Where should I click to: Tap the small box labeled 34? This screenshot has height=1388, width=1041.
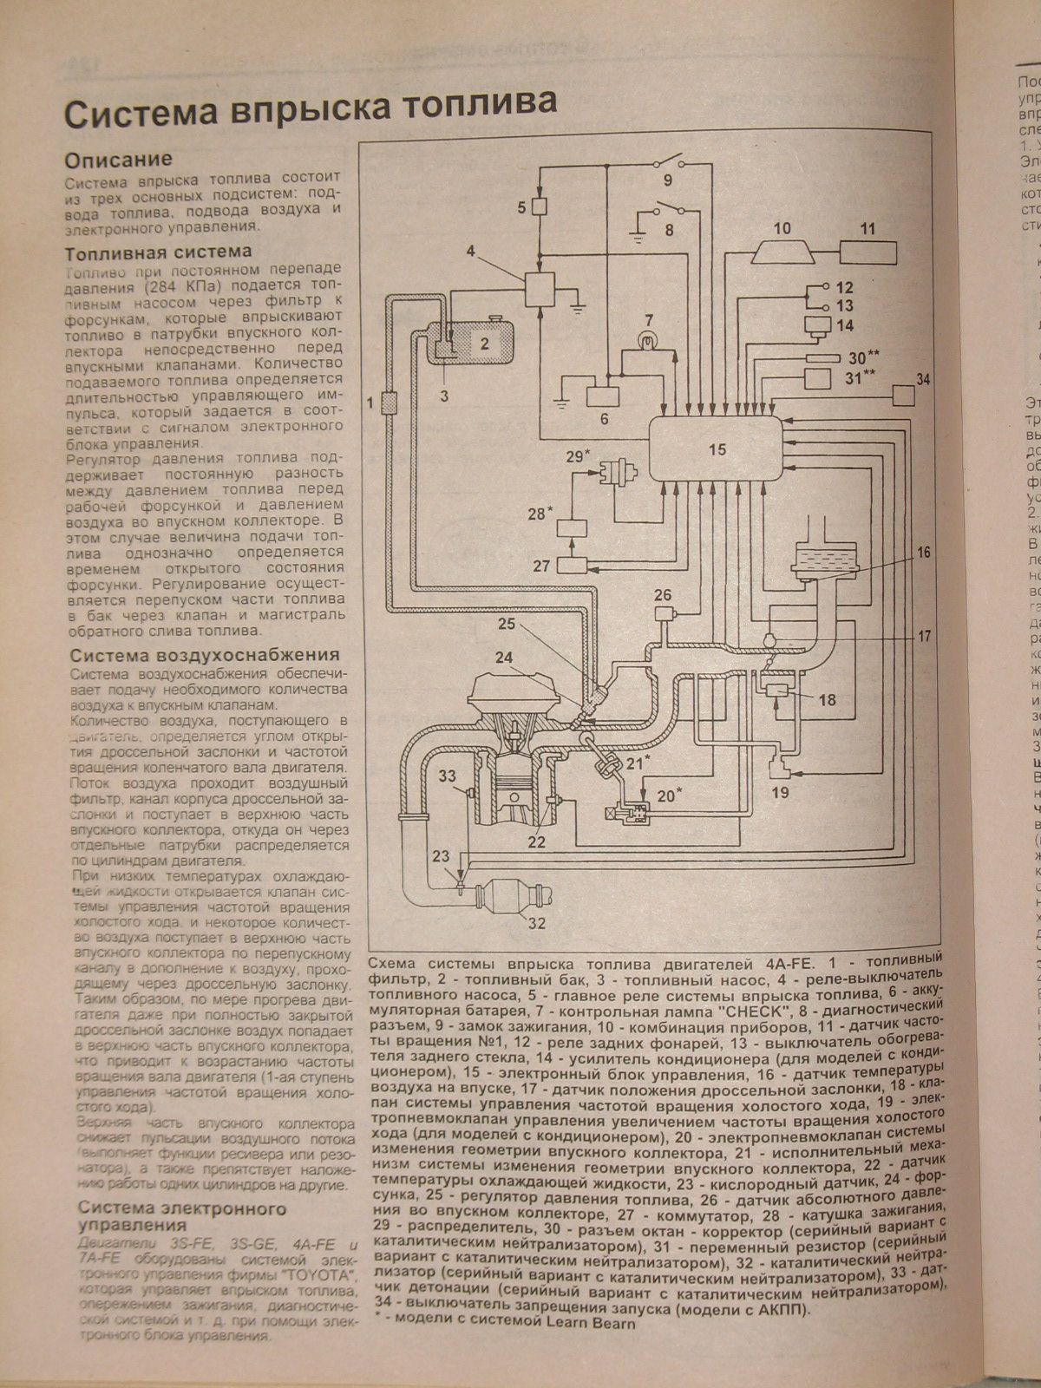[902, 394]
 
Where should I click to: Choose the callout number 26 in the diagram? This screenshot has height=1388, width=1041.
[664, 595]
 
